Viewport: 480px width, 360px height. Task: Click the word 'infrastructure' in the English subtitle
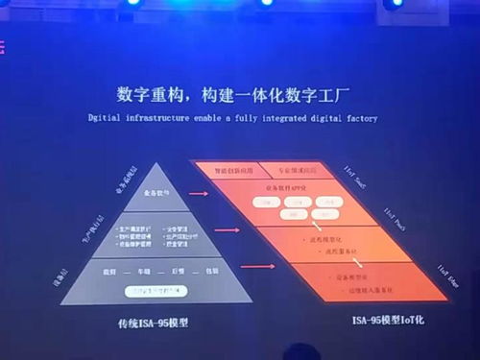153,120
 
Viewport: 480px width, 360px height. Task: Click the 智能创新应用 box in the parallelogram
229,169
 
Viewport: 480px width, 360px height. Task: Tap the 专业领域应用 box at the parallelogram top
290,169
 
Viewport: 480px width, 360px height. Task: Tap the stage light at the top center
266,3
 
